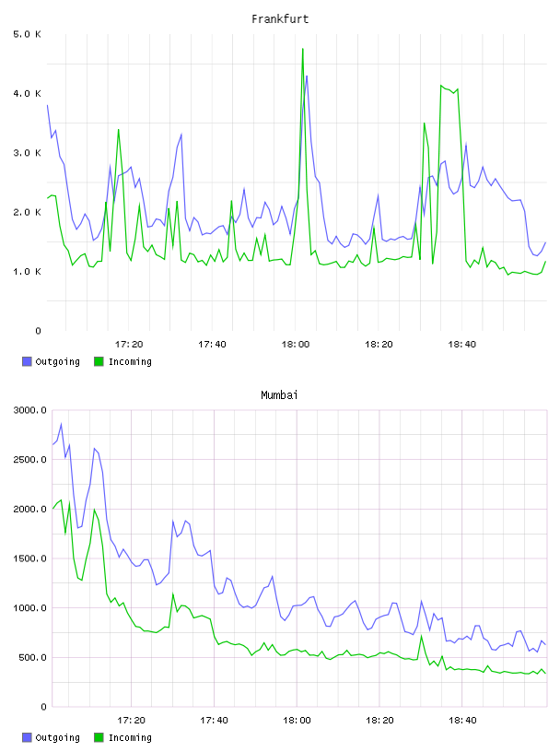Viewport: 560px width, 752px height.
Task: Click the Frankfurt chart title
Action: pos(280,19)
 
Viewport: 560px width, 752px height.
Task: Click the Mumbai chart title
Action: pos(279,395)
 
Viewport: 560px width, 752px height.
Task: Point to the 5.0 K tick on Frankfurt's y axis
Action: pos(27,34)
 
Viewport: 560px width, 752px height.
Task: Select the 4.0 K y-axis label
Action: pos(27,93)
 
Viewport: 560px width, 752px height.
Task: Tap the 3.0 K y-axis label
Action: pos(27,153)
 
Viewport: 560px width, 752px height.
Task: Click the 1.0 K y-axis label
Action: pos(27,272)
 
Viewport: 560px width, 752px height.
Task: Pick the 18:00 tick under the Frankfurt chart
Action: pos(296,345)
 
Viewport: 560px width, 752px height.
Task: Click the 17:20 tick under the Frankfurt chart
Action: pos(129,345)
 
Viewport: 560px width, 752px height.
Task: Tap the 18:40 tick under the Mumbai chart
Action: pos(462,721)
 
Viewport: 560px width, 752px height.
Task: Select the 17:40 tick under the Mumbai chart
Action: pos(214,721)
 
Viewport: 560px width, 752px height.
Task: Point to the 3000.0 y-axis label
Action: pos(29,410)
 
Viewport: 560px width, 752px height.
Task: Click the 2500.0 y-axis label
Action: pos(29,460)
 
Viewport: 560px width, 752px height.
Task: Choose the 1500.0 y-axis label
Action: pos(29,558)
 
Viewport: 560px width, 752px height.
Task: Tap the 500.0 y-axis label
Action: pos(32,657)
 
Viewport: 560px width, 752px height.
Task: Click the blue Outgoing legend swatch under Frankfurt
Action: pos(27,361)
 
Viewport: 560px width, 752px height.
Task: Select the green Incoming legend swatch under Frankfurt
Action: pos(99,361)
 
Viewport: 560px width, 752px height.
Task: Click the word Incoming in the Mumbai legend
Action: pos(130,737)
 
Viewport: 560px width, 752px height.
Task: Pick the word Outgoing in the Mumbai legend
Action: pos(57,737)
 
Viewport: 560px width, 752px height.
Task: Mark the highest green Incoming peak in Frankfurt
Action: pos(302,49)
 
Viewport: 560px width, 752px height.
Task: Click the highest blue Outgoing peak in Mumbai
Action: pos(61,424)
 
